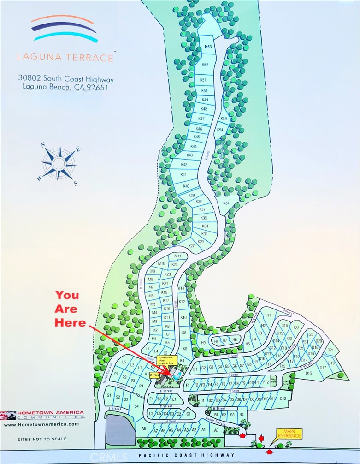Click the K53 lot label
tap(208, 47)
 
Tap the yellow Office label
tap(154, 375)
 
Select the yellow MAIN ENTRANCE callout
tap(289, 434)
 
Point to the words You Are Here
tap(70, 309)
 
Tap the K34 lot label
tap(226, 203)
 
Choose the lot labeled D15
tap(308, 373)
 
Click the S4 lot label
tap(136, 406)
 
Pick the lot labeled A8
tap(143, 428)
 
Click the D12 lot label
tap(283, 398)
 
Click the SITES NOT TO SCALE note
tap(42, 439)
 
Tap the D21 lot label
tap(330, 350)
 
